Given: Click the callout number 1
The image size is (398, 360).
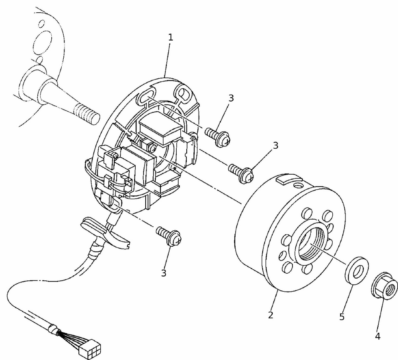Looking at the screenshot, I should click(x=170, y=38).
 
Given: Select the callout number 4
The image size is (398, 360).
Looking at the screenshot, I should click(x=377, y=336).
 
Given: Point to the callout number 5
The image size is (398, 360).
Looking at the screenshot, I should click(x=341, y=317).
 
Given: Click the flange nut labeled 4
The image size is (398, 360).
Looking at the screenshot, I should click(x=384, y=285).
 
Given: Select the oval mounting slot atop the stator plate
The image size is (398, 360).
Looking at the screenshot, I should click(x=145, y=96).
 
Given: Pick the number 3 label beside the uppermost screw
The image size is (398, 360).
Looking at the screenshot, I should click(x=230, y=98).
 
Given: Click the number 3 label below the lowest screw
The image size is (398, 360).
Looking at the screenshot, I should click(x=164, y=273).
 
